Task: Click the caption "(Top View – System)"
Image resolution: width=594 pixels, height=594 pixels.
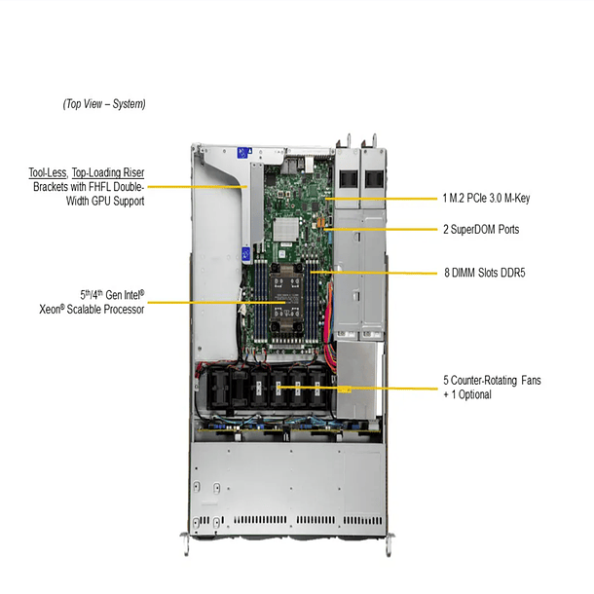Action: coord(104,103)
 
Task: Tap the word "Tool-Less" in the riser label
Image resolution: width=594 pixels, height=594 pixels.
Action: coord(47,172)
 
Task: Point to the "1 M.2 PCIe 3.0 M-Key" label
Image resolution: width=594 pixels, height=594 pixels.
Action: coord(486,198)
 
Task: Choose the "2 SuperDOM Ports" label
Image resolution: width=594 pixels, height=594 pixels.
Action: coord(480,230)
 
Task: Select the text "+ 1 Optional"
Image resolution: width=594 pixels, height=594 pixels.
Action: coord(467,394)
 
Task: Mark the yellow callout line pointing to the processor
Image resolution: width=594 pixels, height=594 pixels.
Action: coord(195,302)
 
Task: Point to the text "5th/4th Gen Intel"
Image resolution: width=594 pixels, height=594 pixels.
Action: coord(112,294)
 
